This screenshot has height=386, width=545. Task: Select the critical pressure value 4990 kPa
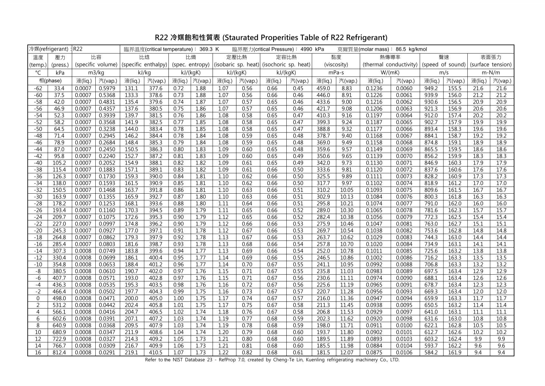point(312,49)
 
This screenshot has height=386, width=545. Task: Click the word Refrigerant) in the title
point(367,38)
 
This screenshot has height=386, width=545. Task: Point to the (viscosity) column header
point(336,65)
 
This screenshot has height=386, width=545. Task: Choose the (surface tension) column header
point(491,65)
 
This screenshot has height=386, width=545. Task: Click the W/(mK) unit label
point(390,73)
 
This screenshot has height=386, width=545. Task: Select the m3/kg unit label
point(96,73)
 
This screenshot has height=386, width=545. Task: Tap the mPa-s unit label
point(336,73)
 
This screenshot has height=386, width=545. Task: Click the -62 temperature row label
point(38,88)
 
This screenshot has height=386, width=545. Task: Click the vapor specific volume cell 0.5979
point(108,88)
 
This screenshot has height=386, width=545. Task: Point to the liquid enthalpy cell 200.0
point(132,298)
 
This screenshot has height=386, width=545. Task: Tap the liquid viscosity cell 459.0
point(323,88)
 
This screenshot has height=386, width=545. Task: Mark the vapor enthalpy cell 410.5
point(156,352)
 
